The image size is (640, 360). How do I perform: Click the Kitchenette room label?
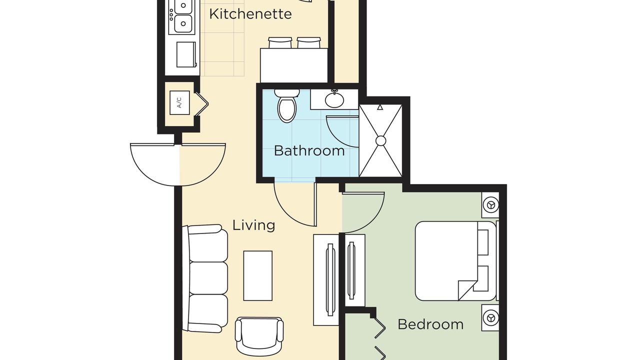tap(250, 14)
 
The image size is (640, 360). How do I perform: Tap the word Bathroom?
tap(309, 150)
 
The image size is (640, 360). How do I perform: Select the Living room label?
tap(253, 225)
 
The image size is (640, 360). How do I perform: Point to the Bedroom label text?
tap(430, 324)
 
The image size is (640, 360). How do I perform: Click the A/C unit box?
tap(179, 103)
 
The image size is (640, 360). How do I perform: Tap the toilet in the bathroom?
tap(287, 105)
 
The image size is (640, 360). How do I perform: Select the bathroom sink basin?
tap(334, 99)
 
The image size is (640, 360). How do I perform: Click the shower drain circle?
tap(380, 141)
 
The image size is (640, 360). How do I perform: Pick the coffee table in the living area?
tap(257, 275)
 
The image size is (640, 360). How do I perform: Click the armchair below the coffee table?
tap(259, 336)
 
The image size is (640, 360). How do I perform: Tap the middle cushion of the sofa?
tap(208, 278)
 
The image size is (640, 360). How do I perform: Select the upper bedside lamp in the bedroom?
tap(491, 205)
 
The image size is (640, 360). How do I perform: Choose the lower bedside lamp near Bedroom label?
tap(491, 317)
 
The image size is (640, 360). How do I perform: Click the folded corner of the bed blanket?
tap(467, 290)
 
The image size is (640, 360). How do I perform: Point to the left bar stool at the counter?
tap(280, 42)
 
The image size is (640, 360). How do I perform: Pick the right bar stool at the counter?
tap(308, 42)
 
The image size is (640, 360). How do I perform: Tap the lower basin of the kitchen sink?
tap(183, 23)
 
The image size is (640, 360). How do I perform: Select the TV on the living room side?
tap(330, 279)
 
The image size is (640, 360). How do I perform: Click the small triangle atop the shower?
tap(379, 107)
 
